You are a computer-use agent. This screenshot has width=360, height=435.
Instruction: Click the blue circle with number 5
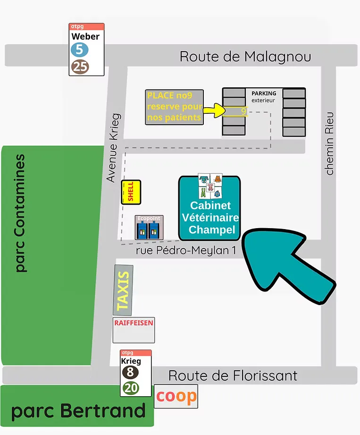(x=80, y=50)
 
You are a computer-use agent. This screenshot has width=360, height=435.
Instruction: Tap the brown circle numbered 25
(x=80, y=67)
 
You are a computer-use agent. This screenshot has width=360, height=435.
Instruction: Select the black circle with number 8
(x=131, y=372)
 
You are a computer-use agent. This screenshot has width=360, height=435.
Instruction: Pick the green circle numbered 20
(x=131, y=388)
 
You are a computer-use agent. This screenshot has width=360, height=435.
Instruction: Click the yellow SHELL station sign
(x=131, y=192)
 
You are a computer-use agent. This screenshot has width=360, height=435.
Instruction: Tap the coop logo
(x=176, y=396)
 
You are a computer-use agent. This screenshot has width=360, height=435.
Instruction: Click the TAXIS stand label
(x=123, y=290)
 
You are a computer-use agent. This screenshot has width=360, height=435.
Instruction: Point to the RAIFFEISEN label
(x=134, y=323)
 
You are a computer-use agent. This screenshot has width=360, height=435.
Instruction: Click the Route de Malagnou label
(x=245, y=57)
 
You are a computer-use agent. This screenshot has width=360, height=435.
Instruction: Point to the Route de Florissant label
(x=233, y=376)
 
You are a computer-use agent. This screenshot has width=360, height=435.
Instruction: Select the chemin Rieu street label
(x=329, y=143)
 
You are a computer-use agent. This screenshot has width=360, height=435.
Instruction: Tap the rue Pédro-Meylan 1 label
(x=185, y=251)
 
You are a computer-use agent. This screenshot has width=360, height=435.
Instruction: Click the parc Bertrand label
(x=78, y=411)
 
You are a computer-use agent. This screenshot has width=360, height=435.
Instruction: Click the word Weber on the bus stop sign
(x=85, y=36)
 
